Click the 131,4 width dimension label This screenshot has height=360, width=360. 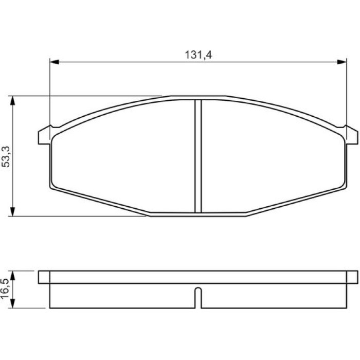point(199,55)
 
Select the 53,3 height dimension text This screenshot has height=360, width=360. point(6,156)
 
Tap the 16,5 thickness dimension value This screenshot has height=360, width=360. point(5,289)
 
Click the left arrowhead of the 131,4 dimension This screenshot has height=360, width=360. point(55,62)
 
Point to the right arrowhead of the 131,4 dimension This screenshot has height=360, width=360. point(342,62)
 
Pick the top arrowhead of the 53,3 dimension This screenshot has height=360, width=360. point(13,100)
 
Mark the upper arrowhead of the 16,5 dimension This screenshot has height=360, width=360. point(13,275)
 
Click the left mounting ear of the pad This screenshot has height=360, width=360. point(44,136)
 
